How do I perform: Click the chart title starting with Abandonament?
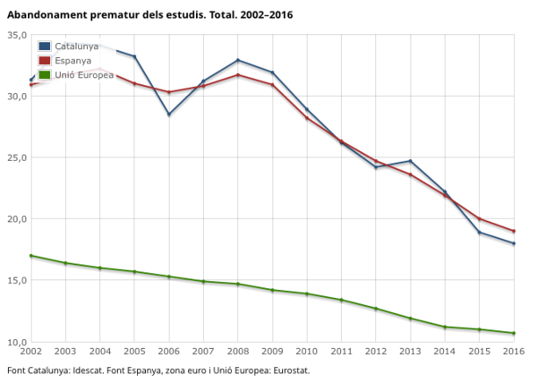[149, 15]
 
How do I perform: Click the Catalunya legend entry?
[76, 46]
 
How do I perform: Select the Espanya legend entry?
[72, 60]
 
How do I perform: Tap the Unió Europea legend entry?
[83, 74]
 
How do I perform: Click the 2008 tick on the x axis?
[238, 352]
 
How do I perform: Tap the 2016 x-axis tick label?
[514, 352]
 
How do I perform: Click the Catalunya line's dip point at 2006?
[169, 115]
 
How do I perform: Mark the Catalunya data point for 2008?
[238, 60]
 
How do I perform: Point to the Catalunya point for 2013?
[411, 161]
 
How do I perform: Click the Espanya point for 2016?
[514, 231]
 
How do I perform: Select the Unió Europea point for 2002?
[31, 256]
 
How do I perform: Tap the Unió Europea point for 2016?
[514, 334]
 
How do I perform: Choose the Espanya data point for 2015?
[480, 219]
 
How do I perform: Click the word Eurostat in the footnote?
[290, 371]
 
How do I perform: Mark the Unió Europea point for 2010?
[307, 293]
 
